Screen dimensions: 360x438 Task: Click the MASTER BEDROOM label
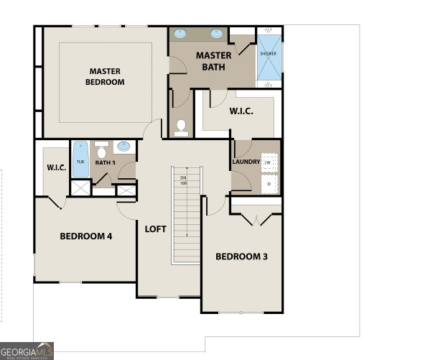(106, 76)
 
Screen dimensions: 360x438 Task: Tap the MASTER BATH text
(214, 61)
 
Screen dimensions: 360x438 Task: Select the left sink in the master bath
(182, 33)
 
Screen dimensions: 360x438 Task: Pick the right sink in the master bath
(216, 33)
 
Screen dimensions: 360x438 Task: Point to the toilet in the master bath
(182, 127)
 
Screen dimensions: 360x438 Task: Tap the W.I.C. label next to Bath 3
(56, 168)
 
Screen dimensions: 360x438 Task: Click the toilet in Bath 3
(102, 152)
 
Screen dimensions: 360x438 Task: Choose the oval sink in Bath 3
(124, 146)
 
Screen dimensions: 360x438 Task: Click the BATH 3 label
(105, 162)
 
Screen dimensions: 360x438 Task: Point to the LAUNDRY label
(246, 162)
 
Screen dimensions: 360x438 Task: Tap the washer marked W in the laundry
(269, 162)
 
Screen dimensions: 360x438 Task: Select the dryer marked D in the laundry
(269, 184)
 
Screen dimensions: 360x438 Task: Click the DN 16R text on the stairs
(184, 180)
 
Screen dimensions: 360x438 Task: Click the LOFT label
(155, 229)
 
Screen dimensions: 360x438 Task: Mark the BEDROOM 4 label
(85, 236)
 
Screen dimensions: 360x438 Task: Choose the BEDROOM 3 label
(241, 257)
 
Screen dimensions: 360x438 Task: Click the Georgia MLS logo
(27, 350)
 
